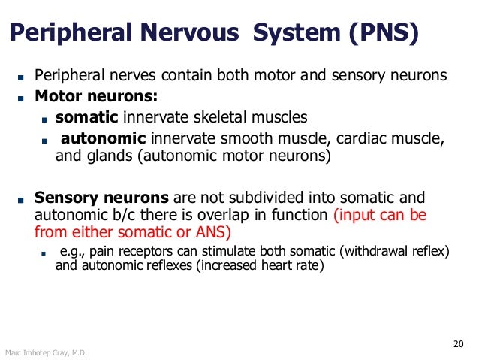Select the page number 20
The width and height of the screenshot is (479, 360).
[459, 344]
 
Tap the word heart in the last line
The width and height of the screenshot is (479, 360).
[278, 265]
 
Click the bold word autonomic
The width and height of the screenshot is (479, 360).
[104, 139]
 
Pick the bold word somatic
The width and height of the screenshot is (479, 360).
[87, 117]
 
